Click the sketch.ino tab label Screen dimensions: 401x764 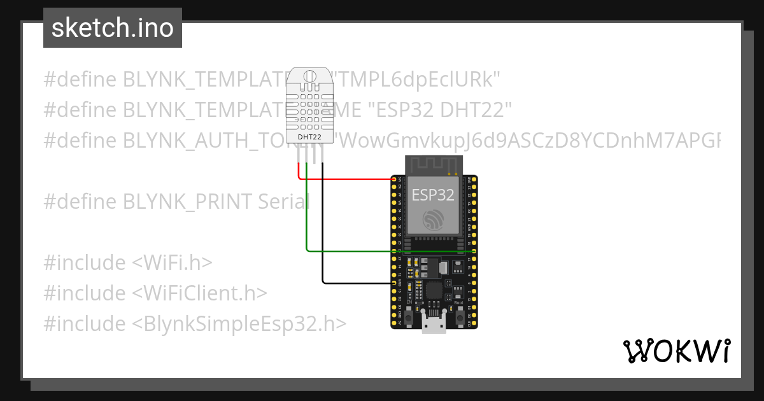click(113, 28)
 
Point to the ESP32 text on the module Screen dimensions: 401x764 click(433, 195)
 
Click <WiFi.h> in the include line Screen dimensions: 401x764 click(172, 262)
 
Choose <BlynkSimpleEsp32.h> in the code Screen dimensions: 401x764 click(239, 323)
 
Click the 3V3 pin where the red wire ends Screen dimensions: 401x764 click(393, 179)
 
